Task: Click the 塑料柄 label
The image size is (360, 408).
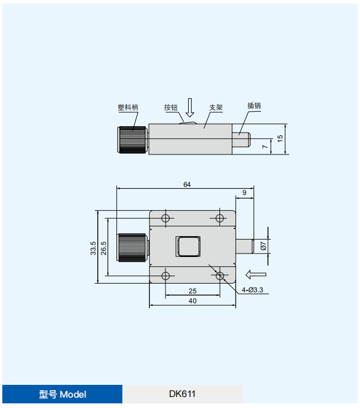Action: coord(128,107)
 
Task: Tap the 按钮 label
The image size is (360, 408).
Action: coord(171,107)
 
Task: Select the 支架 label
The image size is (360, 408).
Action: coord(216,107)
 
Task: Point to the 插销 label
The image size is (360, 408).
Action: coord(254,106)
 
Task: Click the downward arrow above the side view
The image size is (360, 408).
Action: coord(190,108)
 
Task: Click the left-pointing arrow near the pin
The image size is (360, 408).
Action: coord(256,274)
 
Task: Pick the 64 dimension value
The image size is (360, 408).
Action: coord(187,185)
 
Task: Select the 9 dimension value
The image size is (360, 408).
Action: coord(244,193)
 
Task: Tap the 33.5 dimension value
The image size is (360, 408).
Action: coord(93,248)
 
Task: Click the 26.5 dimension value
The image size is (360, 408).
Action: coord(104,248)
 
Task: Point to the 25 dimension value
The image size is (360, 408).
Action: coord(192,291)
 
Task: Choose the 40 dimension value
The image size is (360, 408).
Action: coord(192,301)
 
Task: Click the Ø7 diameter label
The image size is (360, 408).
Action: coord(263,246)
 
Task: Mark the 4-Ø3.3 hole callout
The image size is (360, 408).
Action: coord(252,290)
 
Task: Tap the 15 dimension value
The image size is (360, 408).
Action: coord(280,138)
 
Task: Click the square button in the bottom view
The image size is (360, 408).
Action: coord(188,247)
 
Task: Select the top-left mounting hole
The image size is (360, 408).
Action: coord(166,218)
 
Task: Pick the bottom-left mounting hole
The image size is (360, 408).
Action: coord(166,276)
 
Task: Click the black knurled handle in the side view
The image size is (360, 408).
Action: coord(132,139)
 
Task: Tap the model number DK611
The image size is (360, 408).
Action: coord(182,394)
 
